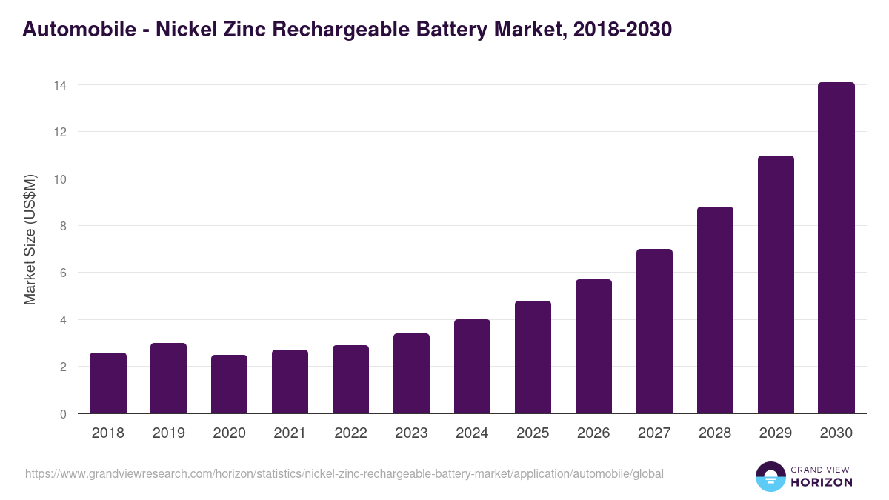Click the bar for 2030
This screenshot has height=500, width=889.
pyautogui.click(x=836, y=248)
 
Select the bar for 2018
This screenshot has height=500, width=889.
pyautogui.click(x=108, y=383)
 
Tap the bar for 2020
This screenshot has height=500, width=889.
pyautogui.click(x=230, y=384)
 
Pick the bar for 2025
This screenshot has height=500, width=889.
pyautogui.click(x=533, y=357)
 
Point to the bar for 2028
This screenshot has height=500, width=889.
pyautogui.click(x=715, y=310)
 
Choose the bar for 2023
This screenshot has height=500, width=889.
pyautogui.click(x=411, y=373)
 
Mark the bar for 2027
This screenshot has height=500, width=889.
pyautogui.click(x=654, y=331)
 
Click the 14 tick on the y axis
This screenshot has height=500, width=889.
pyautogui.click(x=60, y=85)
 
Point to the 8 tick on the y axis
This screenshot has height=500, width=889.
pyautogui.click(x=63, y=226)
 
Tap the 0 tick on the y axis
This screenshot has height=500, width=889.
pyautogui.click(x=63, y=414)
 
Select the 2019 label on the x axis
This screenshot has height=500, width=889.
pyautogui.click(x=169, y=433)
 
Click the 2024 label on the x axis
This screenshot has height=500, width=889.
pyautogui.click(x=473, y=433)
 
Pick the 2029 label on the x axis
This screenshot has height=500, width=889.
pyautogui.click(x=776, y=433)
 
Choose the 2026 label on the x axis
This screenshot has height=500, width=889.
pyautogui.click(x=594, y=433)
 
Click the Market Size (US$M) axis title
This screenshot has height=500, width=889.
pyautogui.click(x=30, y=239)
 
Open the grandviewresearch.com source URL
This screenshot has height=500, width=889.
pyautogui.click(x=344, y=473)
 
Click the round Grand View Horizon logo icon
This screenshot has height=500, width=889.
pyautogui.click(x=770, y=476)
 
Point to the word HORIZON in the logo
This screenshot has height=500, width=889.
pyautogui.click(x=822, y=482)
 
